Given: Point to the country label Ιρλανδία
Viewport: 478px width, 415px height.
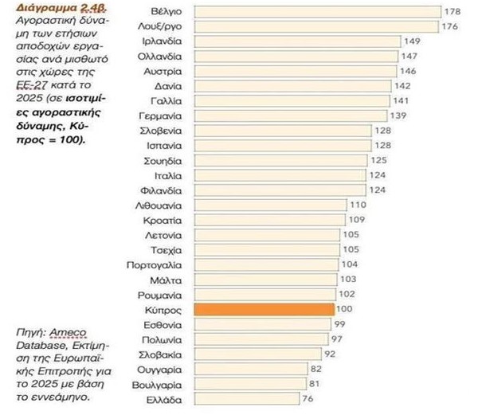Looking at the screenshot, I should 165,41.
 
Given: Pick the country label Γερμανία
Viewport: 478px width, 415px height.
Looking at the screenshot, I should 164,116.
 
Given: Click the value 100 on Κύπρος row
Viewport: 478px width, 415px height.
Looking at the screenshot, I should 343,308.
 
